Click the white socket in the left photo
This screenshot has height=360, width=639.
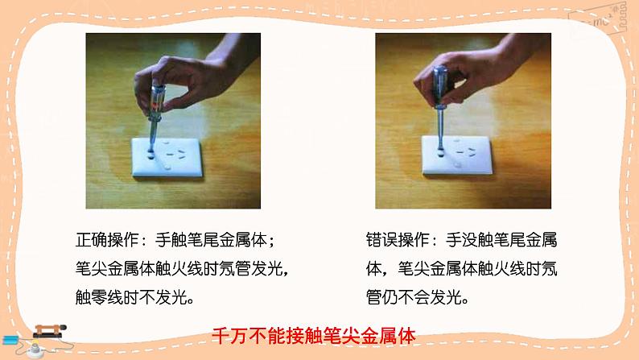click(x=167, y=157)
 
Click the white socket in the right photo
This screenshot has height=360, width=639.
click(x=457, y=155)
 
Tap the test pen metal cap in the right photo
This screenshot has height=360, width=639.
click(x=440, y=72)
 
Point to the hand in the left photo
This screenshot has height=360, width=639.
click(x=183, y=80)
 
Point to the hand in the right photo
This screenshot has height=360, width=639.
click(x=476, y=73)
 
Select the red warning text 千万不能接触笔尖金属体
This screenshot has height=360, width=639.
click(x=313, y=336)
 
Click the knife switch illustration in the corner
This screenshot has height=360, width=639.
click(x=49, y=331)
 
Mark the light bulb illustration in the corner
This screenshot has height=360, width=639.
click(x=35, y=350)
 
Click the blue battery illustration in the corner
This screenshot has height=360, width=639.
click(x=10, y=340)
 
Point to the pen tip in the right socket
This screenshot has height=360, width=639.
click(x=440, y=152)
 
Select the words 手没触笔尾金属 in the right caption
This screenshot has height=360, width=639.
click(x=501, y=240)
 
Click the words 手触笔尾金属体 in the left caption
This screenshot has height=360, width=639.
click(x=211, y=240)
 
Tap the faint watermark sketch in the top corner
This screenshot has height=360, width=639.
click(x=598, y=19)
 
